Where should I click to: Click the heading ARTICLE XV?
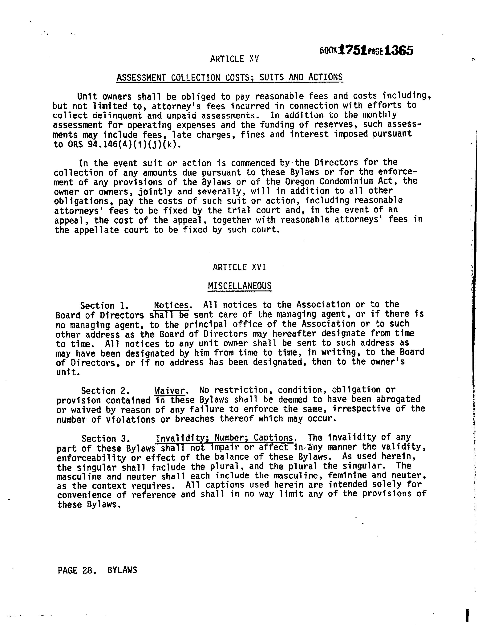[234, 59]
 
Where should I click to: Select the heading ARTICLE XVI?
[239, 267]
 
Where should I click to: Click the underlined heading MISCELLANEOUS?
[240, 286]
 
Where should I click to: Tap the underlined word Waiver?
[170, 391]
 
